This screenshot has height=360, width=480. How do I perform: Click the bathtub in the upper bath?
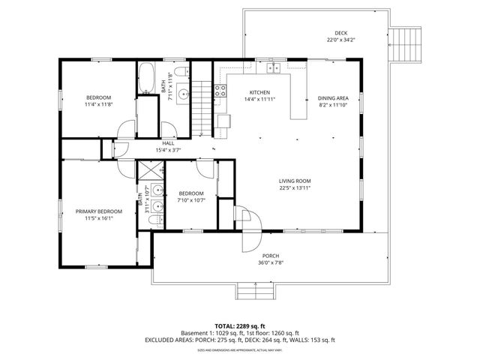tap(145, 78)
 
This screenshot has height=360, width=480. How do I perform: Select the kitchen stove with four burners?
tap(221, 91)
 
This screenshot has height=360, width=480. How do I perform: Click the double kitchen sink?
tap(274, 68)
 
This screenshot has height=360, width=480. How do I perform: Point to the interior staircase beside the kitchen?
tap(202, 106)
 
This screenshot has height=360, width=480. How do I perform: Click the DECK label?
tap(340, 34)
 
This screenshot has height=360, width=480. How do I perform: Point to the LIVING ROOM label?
tap(295, 181)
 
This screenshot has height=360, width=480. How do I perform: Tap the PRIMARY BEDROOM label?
tap(99, 211)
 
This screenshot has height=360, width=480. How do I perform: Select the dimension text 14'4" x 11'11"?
tap(259, 99)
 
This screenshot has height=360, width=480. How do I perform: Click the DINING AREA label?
tap(332, 98)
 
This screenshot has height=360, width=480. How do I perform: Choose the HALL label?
tap(168, 143)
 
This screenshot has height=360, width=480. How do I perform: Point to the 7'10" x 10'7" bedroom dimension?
tap(191, 200)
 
